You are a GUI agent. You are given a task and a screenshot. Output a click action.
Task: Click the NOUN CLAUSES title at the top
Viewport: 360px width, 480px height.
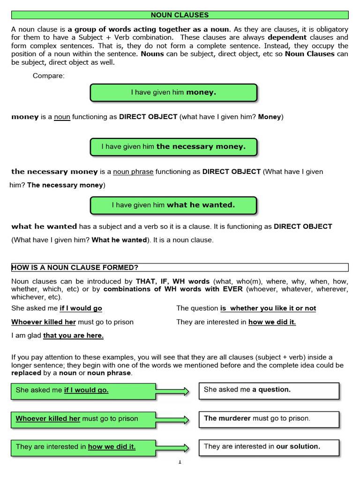click(180, 15)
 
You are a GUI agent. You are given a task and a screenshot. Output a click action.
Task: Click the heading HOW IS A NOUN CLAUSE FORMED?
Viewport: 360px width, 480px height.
click(75, 268)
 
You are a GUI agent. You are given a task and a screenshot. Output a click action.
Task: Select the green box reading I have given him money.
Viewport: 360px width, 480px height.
click(173, 93)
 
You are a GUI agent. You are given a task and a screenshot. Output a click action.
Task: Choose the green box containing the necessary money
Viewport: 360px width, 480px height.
click(173, 147)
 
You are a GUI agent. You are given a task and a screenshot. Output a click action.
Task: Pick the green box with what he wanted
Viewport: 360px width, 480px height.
click(173, 205)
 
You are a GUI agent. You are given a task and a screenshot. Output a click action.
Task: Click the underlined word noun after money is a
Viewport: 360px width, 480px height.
click(62, 117)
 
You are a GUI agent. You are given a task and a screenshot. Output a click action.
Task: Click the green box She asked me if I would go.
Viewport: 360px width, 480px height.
click(83, 390)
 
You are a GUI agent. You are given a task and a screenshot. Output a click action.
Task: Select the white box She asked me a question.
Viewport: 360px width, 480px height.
click(268, 390)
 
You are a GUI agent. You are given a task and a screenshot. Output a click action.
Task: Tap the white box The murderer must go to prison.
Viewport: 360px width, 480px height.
click(268, 419)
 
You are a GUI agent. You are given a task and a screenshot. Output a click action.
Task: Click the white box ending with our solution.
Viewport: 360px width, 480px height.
click(268, 447)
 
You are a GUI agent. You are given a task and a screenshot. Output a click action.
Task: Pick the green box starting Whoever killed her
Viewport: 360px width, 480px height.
click(83, 419)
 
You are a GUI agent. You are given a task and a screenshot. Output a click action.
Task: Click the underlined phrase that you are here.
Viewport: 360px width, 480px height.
click(73, 336)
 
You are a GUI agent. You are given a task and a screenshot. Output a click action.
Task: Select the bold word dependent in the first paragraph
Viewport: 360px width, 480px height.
click(287, 37)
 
